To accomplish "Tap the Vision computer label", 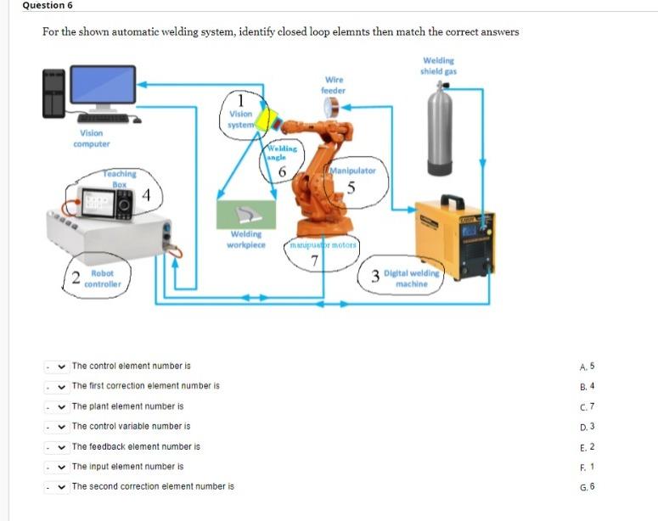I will [91, 138].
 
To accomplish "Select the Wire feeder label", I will [333, 85].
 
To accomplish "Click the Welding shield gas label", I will [438, 65].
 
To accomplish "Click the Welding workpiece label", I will [246, 239].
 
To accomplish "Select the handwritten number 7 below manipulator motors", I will [314, 260].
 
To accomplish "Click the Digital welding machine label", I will [412, 278].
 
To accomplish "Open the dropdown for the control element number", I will [56, 367].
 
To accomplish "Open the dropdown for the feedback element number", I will [56, 446].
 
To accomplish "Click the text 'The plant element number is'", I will [127, 406].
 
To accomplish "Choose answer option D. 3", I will [586, 426].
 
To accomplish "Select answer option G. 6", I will [586, 486].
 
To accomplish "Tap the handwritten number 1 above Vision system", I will [241, 98].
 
